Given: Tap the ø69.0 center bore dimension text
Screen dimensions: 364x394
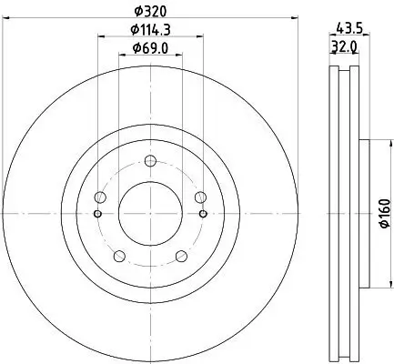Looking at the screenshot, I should click(150, 48).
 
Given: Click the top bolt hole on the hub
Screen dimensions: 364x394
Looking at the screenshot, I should click(150, 160).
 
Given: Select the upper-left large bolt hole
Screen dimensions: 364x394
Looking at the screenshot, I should click(100, 197).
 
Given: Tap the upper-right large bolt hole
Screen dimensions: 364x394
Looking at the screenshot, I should click(200, 197).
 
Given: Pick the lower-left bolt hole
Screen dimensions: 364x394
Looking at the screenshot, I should click(119, 256).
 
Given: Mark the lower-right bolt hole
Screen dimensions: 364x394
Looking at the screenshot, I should click(181, 256).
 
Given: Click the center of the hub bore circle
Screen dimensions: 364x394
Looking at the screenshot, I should click(150, 212).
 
